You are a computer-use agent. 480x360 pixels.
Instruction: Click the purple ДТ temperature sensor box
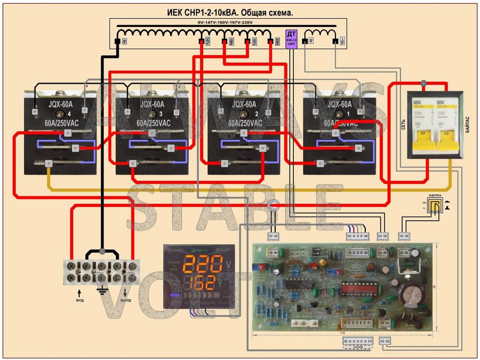pyautogui.click(x=291, y=38)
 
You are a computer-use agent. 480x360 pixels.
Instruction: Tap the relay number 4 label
pyautogui.click(x=70, y=112)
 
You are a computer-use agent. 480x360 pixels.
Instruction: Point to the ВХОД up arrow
pyautogui.click(x=78, y=290)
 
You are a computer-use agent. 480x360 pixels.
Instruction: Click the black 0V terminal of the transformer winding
pyautogui.click(x=116, y=42)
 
